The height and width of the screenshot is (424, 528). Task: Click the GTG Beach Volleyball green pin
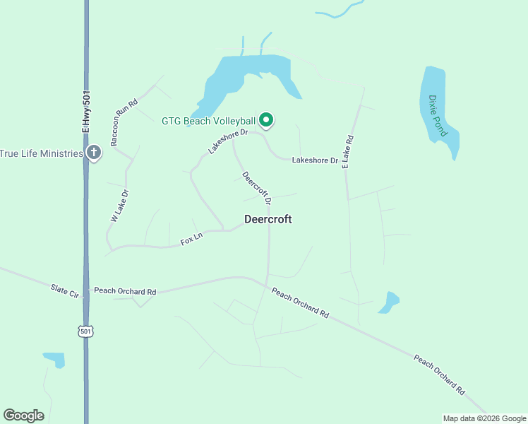pos(266,121)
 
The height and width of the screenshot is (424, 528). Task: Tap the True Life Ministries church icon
pos(95,153)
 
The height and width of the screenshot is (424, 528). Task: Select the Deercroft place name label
pos(268,219)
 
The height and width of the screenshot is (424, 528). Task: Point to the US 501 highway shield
pos(85,331)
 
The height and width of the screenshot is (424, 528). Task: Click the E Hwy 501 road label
pos(86,112)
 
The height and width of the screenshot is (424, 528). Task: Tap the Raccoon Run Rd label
pos(124,117)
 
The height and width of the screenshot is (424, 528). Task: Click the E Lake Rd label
pos(347,151)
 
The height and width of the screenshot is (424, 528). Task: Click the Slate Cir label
pos(64,290)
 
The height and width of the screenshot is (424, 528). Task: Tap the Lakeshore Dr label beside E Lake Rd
pos(315,160)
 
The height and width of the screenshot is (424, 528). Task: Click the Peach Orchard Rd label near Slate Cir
pos(125,291)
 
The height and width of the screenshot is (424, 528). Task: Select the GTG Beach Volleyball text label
pos(208,121)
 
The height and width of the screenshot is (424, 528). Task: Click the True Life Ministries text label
pos(42,153)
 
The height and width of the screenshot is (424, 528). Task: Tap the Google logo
pos(23,416)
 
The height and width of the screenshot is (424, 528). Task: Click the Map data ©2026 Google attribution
pos(484,418)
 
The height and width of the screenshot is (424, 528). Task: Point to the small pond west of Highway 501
pos(54,359)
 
